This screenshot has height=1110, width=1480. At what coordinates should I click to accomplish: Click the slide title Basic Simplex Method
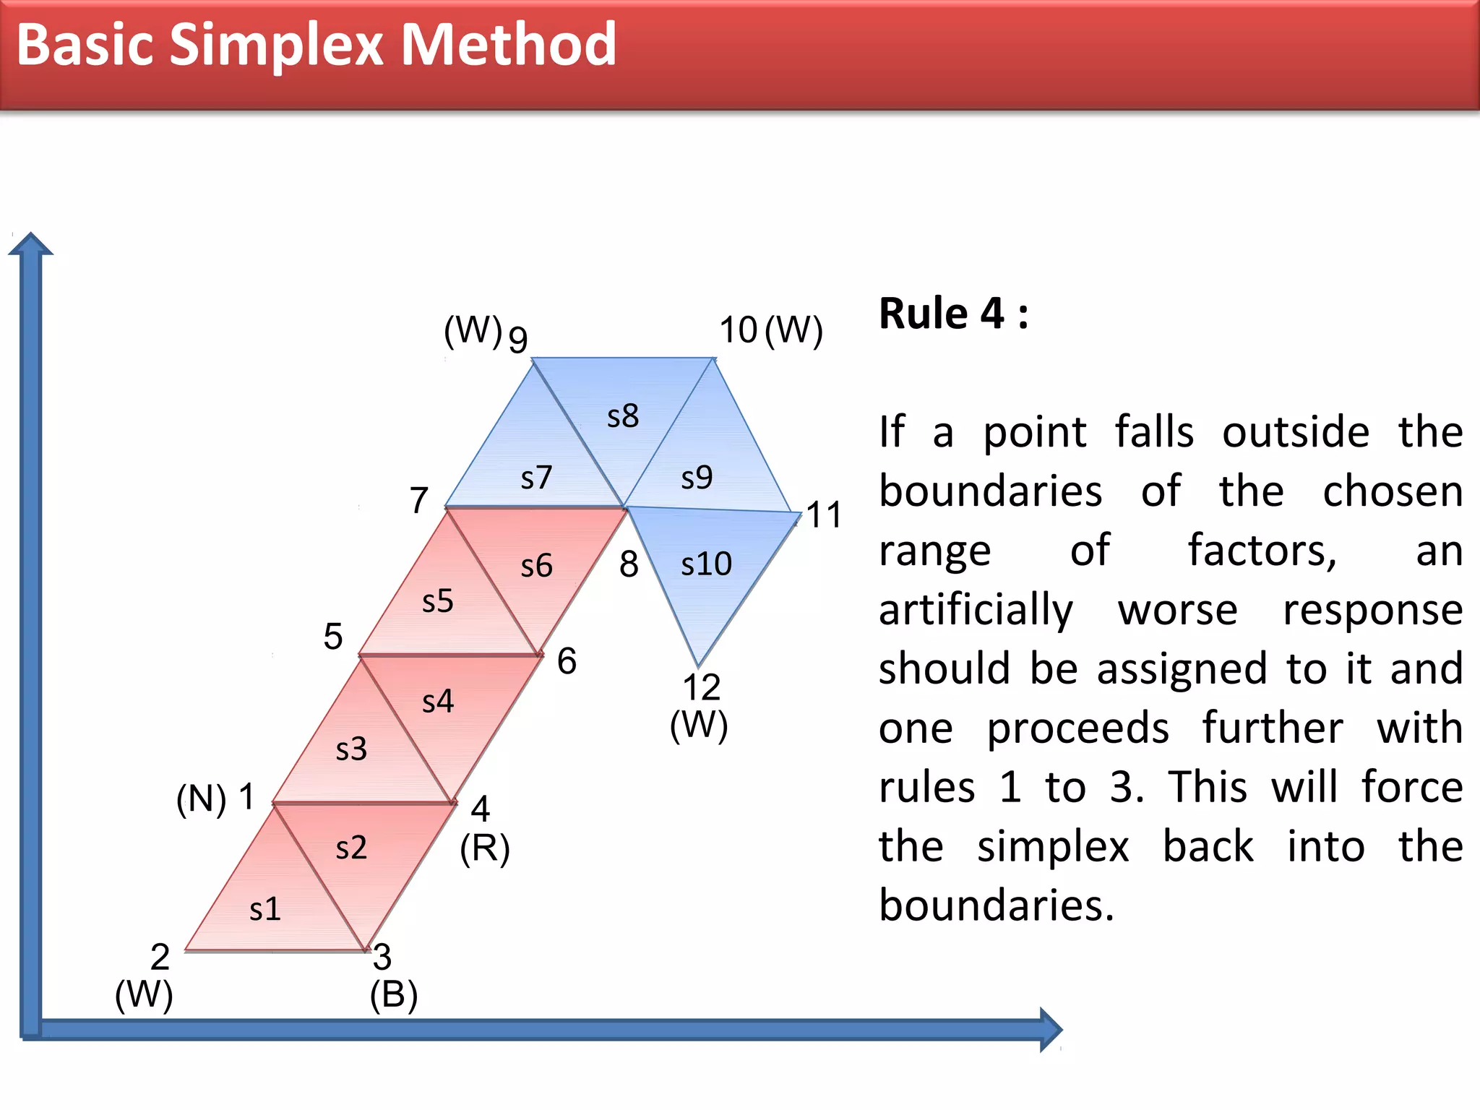pyautogui.click(x=316, y=45)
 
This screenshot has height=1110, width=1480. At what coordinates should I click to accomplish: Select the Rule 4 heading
pyautogui.click(x=953, y=314)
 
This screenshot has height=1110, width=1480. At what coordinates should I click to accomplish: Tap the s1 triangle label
pyautogui.click(x=264, y=909)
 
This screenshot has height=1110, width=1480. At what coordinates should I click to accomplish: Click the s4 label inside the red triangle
pyautogui.click(x=438, y=701)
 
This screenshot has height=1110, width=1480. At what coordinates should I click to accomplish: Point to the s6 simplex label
pyautogui.click(x=536, y=566)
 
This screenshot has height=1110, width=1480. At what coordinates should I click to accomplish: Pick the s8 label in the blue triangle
pyautogui.click(x=622, y=416)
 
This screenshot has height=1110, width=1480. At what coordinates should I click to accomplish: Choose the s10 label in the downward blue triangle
pyautogui.click(x=706, y=564)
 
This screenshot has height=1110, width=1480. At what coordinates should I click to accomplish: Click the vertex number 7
pyautogui.click(x=419, y=500)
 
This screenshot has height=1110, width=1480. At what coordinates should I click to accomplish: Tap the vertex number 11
pyautogui.click(x=824, y=515)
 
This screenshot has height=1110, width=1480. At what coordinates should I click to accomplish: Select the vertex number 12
pyautogui.click(x=701, y=687)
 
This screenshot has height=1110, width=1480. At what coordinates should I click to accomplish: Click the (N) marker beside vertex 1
pyautogui.click(x=201, y=800)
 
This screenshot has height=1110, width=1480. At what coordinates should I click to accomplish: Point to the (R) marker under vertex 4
pyautogui.click(x=485, y=848)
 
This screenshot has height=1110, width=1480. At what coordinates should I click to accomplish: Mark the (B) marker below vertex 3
pyautogui.click(x=394, y=995)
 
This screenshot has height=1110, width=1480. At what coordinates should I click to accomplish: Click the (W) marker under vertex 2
pyautogui.click(x=144, y=995)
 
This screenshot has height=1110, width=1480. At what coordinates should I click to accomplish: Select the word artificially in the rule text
pyautogui.click(x=976, y=610)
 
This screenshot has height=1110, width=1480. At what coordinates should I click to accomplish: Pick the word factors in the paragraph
pyautogui.click(x=1262, y=551)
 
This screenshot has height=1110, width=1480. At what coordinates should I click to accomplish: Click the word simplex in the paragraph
pyautogui.click(x=1053, y=847)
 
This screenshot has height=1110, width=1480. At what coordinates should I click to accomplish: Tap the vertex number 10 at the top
pyautogui.click(x=738, y=330)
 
